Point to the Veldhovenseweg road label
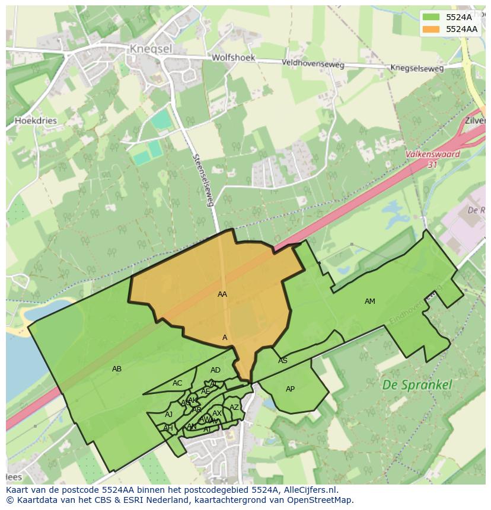coord(313,62)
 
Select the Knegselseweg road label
coord(416,68)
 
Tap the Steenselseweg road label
coord(203,180)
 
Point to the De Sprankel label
coord(417,384)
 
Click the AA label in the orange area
coord(222,294)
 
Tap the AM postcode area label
coord(369,301)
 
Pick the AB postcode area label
coord(117,369)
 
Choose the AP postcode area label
coord(290,389)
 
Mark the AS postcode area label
coord(283,361)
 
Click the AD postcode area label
coord(215,370)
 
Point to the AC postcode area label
coord(177,383)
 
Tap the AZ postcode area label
coord(234,408)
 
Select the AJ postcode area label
coord(169,415)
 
